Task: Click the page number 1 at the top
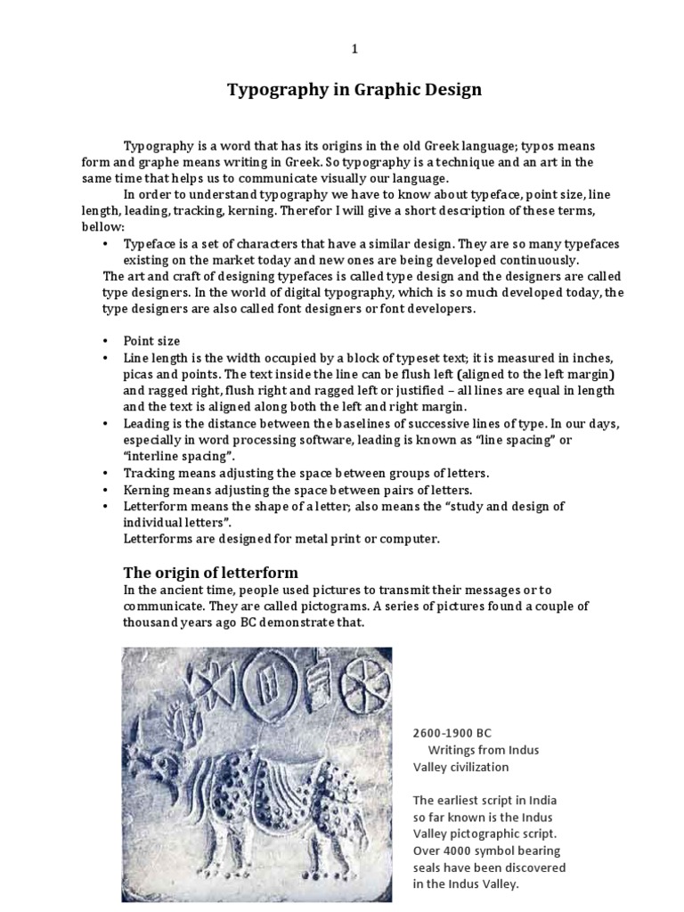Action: pyautogui.click(x=354, y=50)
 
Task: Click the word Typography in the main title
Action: pyautogui.click(x=277, y=90)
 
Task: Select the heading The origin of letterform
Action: pyautogui.click(x=209, y=572)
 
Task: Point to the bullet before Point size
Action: pyautogui.click(x=105, y=342)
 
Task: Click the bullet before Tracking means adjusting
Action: pyautogui.click(x=105, y=474)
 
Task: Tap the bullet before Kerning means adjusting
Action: pyautogui.click(x=105, y=491)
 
